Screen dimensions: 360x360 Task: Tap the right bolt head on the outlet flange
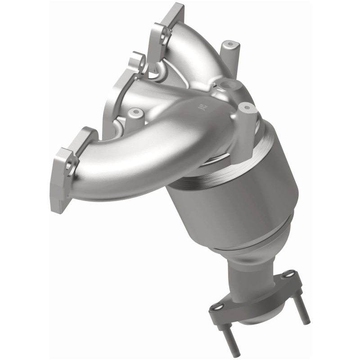click(x=291, y=273)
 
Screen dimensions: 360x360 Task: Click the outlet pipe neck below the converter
click(x=245, y=274)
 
